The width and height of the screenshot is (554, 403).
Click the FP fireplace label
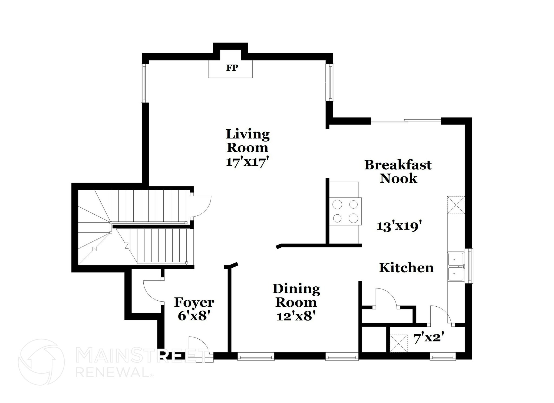click(x=232, y=68)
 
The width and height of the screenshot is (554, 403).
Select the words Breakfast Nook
click(x=398, y=172)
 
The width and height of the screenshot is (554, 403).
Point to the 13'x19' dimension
click(x=400, y=226)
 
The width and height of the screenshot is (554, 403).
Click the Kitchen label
click(x=406, y=268)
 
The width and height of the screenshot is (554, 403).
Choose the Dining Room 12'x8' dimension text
click(x=296, y=316)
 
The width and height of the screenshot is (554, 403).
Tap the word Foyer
click(x=194, y=302)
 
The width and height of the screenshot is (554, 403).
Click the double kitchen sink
click(x=456, y=267)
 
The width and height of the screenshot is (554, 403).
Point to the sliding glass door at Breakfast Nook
click(x=406, y=121)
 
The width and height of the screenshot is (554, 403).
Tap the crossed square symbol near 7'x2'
click(x=398, y=343)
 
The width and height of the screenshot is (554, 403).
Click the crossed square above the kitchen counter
click(x=456, y=205)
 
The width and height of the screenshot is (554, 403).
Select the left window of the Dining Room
click(x=256, y=356)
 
